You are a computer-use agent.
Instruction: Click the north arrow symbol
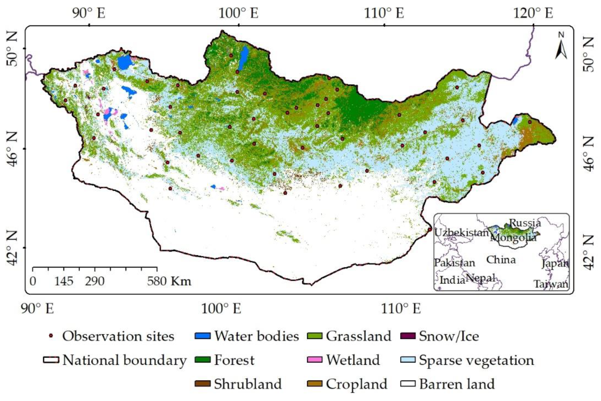point(561,46)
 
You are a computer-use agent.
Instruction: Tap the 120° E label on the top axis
point(533,13)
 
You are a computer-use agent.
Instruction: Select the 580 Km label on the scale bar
point(169,281)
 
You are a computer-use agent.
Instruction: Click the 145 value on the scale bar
point(64,282)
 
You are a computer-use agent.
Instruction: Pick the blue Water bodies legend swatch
point(202,336)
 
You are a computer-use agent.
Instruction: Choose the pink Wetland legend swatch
point(314,360)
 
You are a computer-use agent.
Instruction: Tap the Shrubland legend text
point(248,384)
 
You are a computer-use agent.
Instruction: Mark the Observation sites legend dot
point(51,336)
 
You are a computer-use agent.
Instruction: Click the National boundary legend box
point(51,360)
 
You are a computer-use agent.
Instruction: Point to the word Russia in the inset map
point(525,223)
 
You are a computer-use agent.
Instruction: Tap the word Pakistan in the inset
point(454,263)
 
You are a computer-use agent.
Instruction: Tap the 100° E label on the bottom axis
point(221,309)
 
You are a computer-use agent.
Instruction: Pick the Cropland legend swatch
point(314,384)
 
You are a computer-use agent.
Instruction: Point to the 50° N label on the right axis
point(589,55)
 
